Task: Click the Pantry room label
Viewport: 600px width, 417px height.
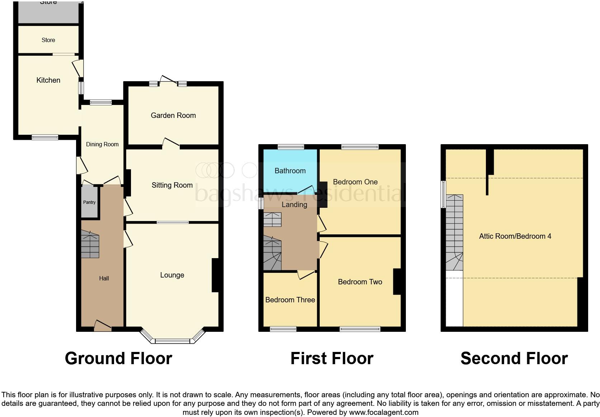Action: tap(89, 202)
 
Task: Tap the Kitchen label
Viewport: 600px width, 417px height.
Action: tap(48, 80)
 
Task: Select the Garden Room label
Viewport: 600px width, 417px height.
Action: tap(173, 115)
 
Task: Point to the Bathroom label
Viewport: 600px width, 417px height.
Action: tap(290, 171)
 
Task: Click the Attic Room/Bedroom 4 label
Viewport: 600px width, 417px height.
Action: tap(515, 236)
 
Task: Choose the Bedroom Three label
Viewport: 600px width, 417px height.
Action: tap(290, 300)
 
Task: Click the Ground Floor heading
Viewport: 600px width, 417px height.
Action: tap(118, 358)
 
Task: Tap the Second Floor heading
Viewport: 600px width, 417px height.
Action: tap(514, 358)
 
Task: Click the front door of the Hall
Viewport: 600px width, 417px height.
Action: tap(103, 326)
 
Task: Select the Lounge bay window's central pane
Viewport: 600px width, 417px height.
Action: tap(173, 341)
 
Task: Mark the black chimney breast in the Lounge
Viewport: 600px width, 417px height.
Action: tap(215, 275)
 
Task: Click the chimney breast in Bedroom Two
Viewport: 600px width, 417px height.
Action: tap(397, 281)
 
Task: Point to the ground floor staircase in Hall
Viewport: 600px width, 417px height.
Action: tap(90, 244)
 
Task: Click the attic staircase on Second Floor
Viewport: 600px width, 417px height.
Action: tap(454, 232)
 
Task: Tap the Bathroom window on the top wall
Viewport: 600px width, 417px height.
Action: tap(291, 147)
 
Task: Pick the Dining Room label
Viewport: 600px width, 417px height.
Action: tap(102, 145)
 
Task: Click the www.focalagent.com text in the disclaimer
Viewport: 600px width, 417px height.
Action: tap(384, 412)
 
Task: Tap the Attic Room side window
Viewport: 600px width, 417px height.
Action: tap(444, 194)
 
